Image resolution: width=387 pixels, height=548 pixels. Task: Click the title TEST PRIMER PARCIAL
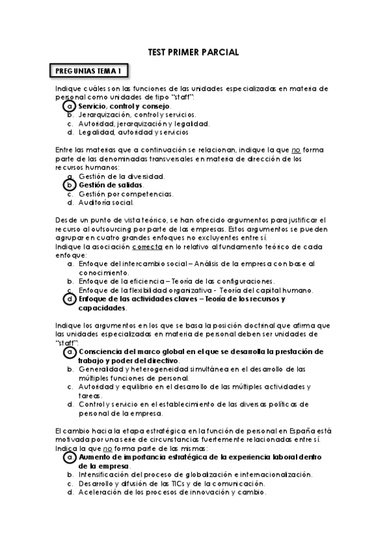[193, 52]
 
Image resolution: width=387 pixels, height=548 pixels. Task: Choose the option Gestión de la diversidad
[121, 176]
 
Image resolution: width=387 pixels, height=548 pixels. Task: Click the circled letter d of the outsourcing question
[70, 299]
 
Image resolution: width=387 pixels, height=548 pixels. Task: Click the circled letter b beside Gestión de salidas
[70, 185]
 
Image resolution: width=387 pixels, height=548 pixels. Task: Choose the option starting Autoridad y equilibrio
[194, 386]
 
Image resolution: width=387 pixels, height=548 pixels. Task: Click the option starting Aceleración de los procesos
[172, 492]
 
